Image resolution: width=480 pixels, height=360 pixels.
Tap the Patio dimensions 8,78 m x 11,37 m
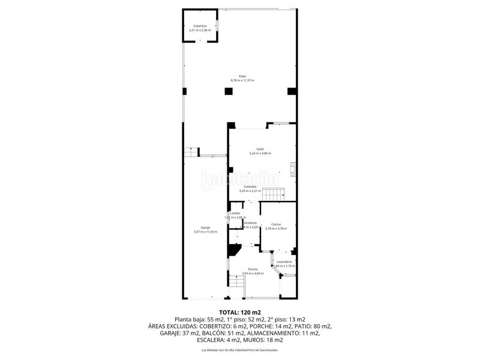(242, 80)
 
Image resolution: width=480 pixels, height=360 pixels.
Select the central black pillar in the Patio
(228, 91)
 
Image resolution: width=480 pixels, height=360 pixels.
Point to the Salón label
(260, 149)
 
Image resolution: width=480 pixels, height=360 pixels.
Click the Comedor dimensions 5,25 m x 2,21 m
(250, 191)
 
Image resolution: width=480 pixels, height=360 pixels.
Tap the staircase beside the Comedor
(275, 194)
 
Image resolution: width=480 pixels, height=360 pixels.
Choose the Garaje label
(205, 227)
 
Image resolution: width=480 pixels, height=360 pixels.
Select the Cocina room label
(275, 224)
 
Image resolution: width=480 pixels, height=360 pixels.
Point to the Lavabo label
(235, 213)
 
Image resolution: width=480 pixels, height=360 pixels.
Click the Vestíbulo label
(250, 223)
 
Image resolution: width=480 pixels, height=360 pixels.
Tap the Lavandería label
(284, 262)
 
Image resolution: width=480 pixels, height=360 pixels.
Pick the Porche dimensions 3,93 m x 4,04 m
(253, 274)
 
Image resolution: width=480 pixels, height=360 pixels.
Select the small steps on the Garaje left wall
(191, 152)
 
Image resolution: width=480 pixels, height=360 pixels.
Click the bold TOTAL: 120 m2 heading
(240, 313)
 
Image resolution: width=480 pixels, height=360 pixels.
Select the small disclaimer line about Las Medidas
(240, 350)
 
